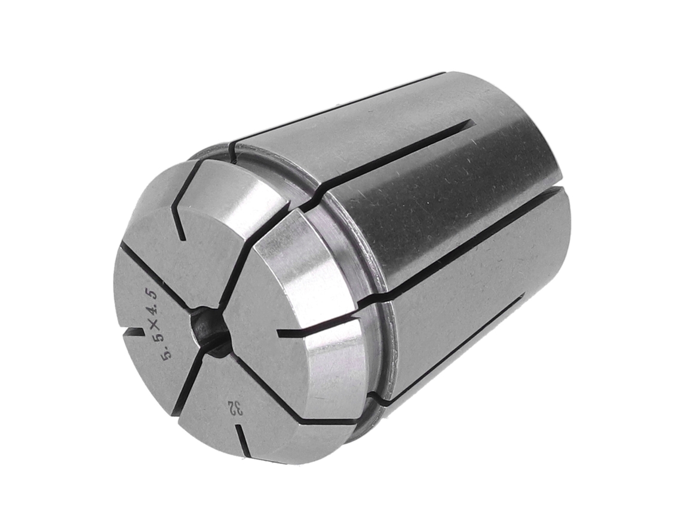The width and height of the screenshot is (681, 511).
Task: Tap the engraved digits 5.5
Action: coord(166,346)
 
